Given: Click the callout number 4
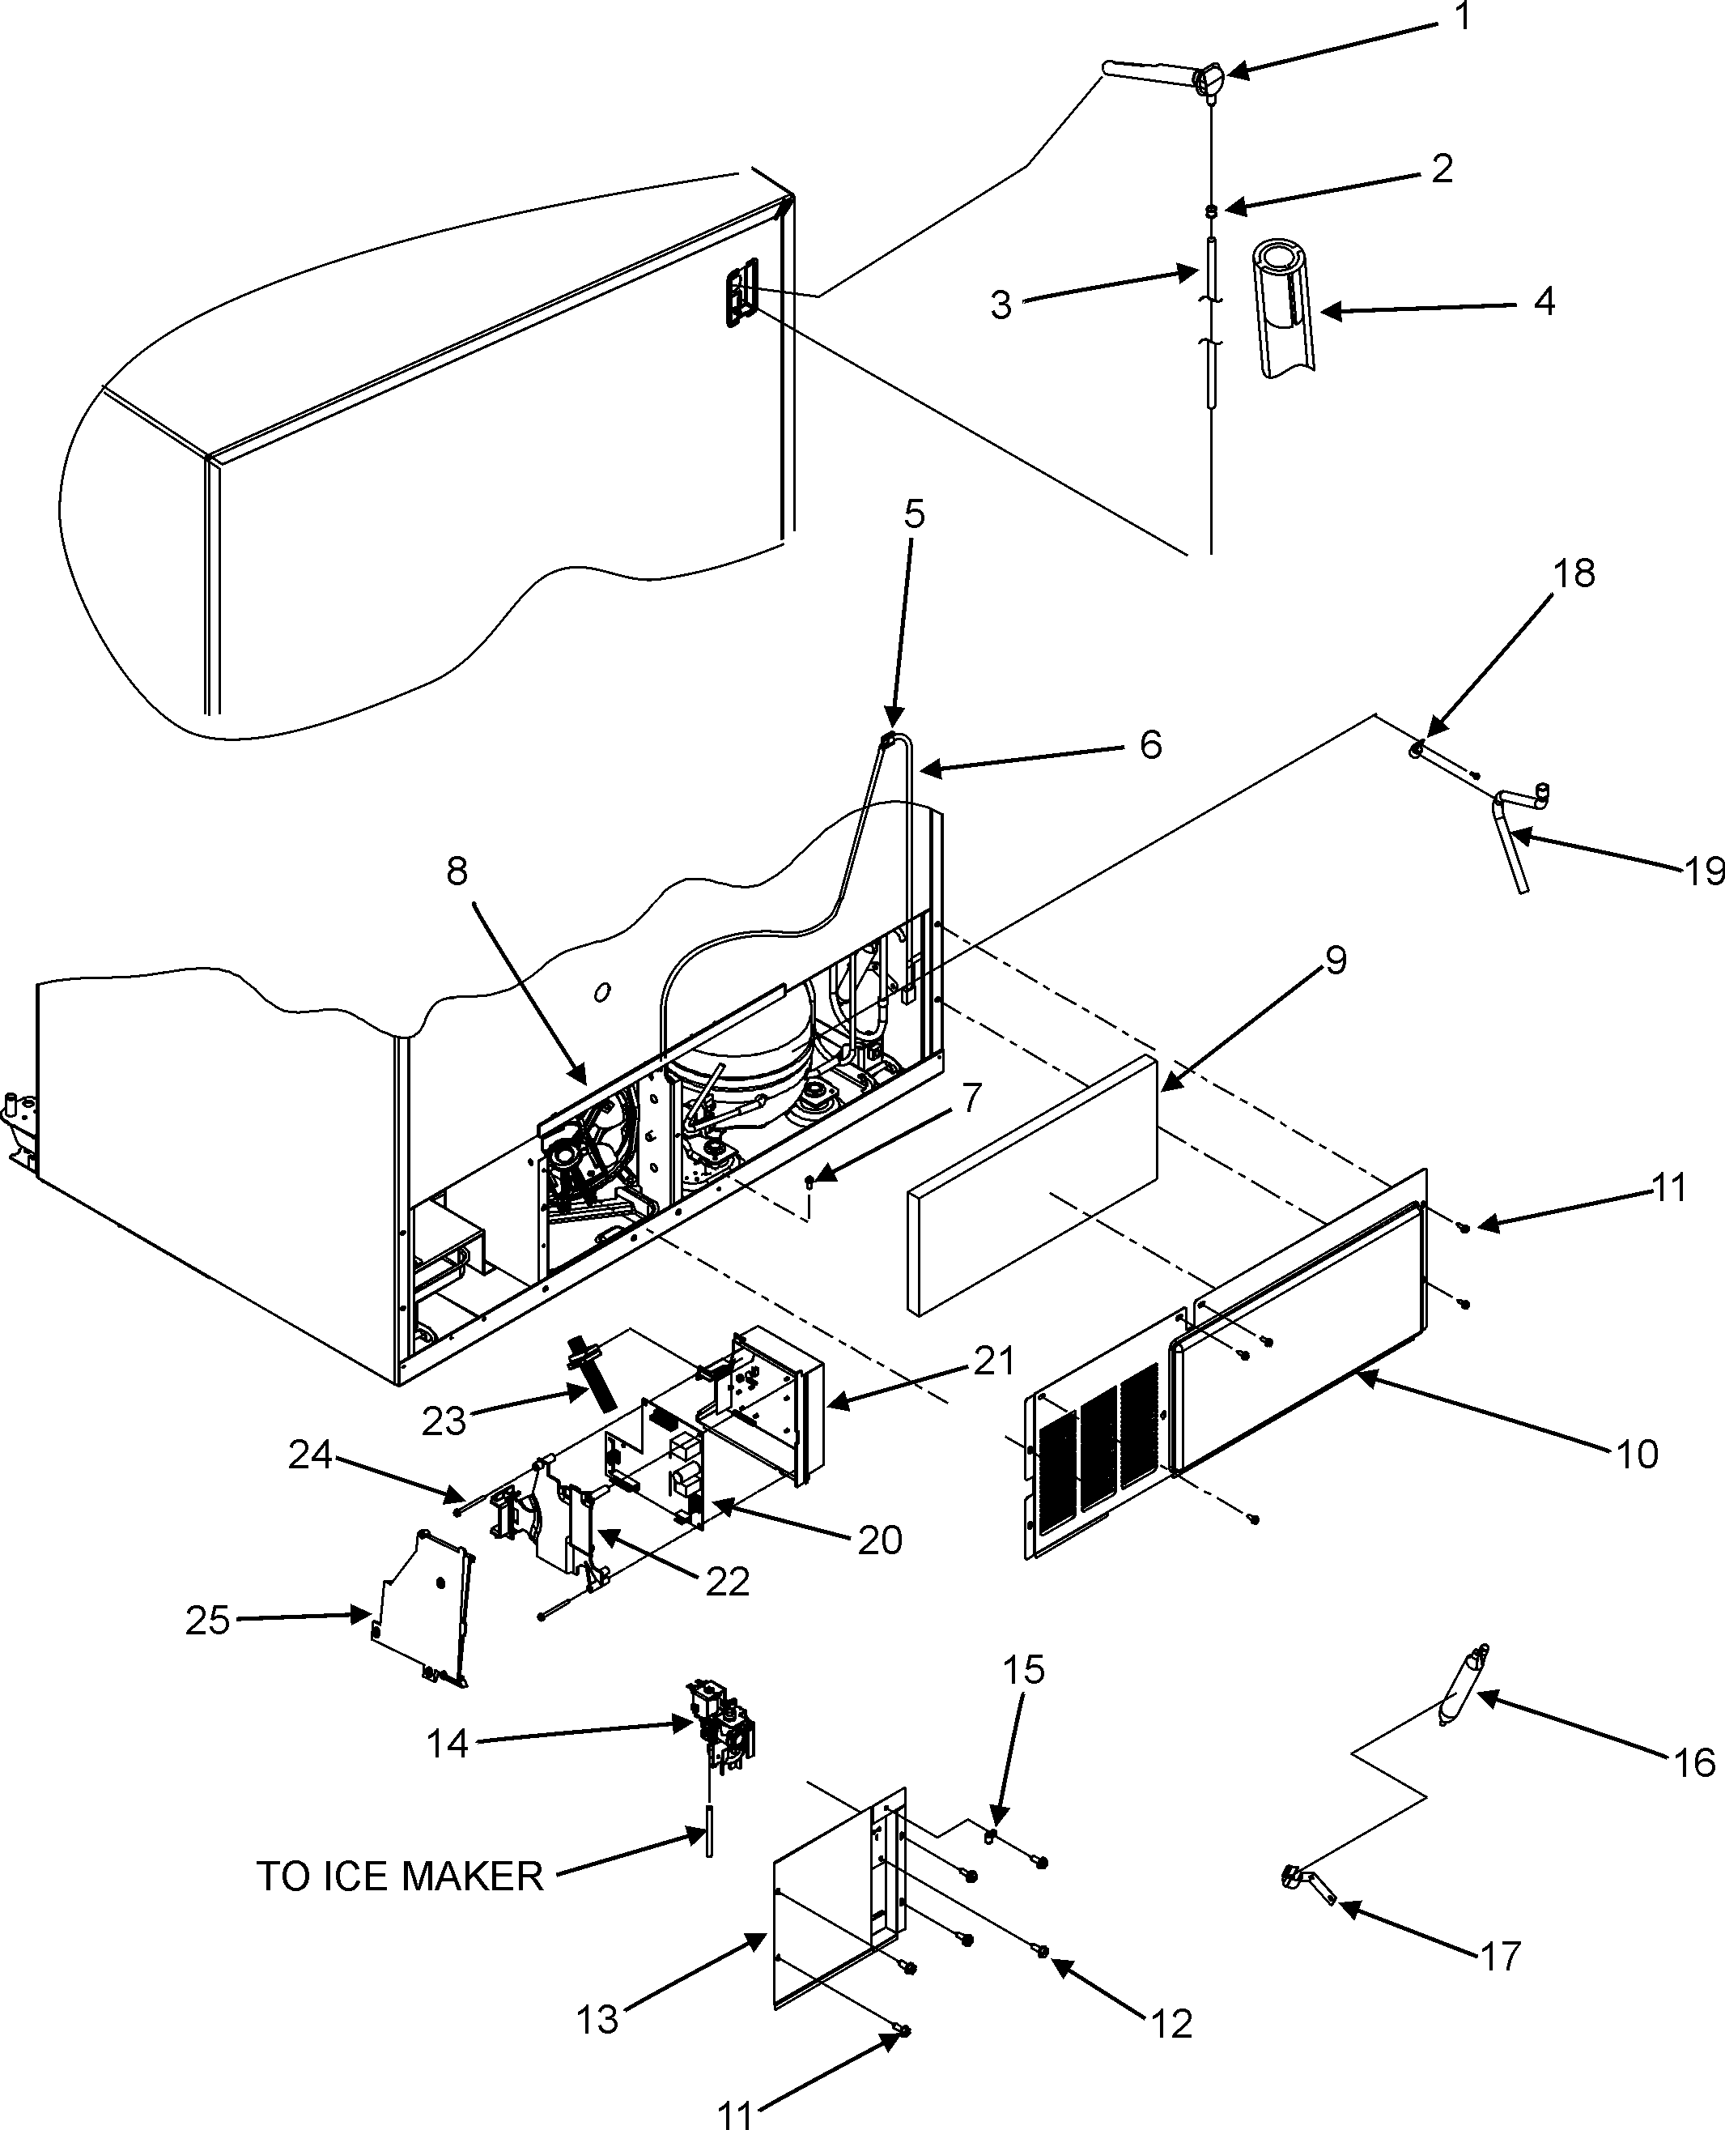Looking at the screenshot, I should tap(1543, 301).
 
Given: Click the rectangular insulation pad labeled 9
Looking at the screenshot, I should tap(1034, 1185).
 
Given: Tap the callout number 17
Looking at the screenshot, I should tap(1501, 1956).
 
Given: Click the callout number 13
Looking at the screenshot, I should tap(597, 2020).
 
